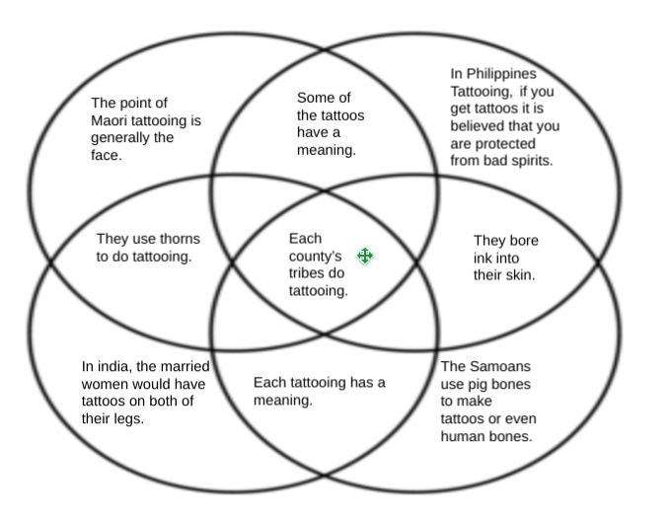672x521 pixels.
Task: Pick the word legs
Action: [125, 419]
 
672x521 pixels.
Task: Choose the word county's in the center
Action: [314, 256]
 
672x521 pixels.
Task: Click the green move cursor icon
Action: [364, 257]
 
